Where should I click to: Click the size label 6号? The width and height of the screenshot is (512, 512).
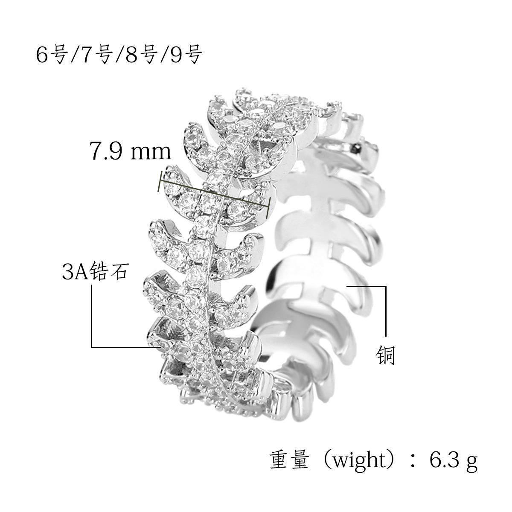point(51,55)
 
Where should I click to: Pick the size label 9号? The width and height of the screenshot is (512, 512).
point(186,55)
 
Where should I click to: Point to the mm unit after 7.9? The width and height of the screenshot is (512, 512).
point(151,153)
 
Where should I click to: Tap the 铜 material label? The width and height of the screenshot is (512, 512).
point(386,355)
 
